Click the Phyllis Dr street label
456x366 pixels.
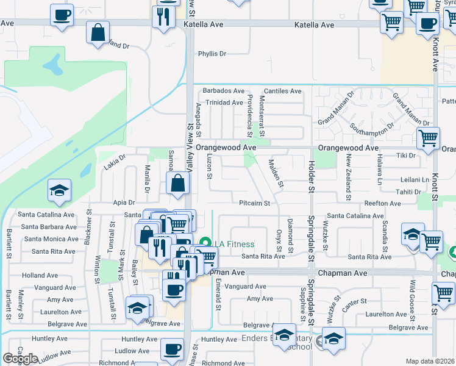(x=212, y=54)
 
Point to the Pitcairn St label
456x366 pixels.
(x=254, y=203)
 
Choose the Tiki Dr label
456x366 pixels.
(x=405, y=156)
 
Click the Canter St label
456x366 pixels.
(x=354, y=301)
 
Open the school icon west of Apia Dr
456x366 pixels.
(x=59, y=190)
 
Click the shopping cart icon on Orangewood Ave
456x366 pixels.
(x=428, y=138)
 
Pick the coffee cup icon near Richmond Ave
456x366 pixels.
(x=171, y=350)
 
